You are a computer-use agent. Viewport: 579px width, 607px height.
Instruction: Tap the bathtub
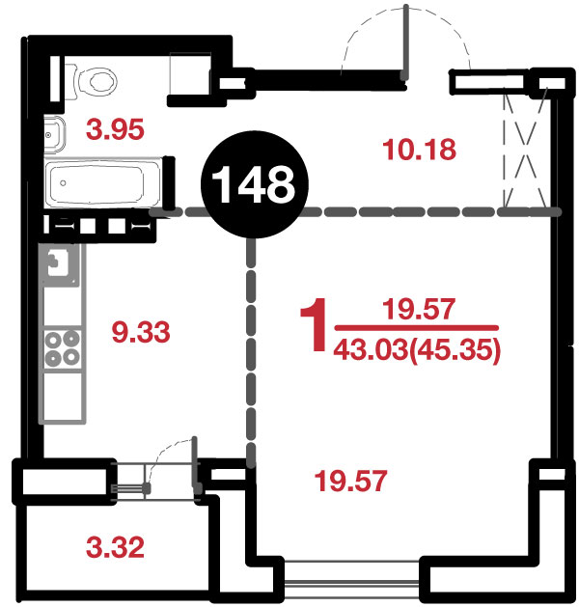coord(102,182)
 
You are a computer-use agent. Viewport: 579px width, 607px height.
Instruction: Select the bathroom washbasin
coord(54,135)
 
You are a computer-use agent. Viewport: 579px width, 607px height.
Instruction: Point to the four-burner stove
coord(63,348)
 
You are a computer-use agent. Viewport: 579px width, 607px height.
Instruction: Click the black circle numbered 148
coord(255,184)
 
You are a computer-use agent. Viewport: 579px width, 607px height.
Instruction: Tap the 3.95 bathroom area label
coord(115,129)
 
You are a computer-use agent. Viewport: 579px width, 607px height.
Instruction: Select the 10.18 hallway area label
coord(419,150)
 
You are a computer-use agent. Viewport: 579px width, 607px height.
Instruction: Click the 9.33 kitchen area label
coord(141,332)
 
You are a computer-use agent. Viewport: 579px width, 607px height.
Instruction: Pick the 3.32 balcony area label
coord(115,547)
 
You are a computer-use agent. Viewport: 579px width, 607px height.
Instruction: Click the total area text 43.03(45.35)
coord(417,350)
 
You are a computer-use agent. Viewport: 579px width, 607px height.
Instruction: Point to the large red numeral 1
coord(315,324)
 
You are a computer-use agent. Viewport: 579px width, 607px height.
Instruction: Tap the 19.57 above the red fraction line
coord(419,310)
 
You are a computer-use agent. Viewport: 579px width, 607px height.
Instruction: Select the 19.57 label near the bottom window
coord(350,482)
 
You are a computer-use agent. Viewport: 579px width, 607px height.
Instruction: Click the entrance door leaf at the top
coord(405,41)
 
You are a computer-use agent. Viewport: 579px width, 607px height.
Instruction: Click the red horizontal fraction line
coord(417,328)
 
